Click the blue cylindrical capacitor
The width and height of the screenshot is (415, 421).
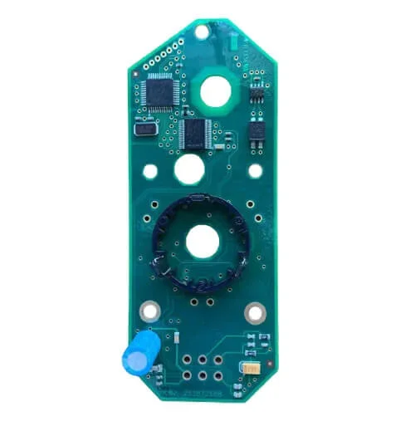(137, 353)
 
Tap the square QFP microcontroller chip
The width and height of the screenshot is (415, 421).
(159, 91)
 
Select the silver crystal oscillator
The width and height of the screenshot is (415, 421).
(145, 128)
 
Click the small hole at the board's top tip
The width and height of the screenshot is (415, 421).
(201, 32)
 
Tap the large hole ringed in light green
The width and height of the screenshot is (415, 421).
(215, 91)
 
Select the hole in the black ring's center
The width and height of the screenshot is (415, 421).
(203, 242)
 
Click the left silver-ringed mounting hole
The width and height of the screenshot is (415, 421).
(150, 312)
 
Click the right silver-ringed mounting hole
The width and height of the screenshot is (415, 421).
(254, 312)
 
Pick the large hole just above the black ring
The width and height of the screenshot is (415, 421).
(189, 170)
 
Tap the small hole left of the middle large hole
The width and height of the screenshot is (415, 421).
(150, 172)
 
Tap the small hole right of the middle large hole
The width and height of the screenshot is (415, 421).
(255, 171)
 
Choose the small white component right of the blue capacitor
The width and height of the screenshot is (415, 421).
(176, 337)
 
